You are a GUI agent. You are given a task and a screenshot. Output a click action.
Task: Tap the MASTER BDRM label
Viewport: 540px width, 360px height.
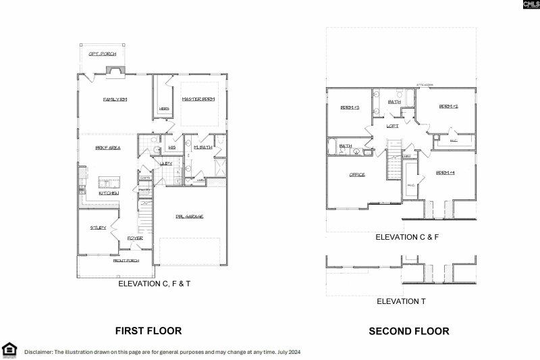coord(198,99)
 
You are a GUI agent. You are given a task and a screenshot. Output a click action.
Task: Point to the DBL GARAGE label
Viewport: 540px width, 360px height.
coord(190,217)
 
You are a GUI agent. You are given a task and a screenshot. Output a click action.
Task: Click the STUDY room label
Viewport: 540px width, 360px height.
coord(98,228)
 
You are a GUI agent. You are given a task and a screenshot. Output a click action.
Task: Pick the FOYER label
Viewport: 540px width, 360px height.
coord(134,238)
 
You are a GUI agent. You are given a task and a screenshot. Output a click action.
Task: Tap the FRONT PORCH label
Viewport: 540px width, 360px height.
coord(125,260)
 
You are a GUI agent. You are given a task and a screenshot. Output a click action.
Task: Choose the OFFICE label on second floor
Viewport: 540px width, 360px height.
coord(357,175)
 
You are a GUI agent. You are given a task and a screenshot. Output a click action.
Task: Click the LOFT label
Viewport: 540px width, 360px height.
coord(392,126)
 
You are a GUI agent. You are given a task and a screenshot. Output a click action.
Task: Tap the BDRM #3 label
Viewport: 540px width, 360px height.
coord(349,107)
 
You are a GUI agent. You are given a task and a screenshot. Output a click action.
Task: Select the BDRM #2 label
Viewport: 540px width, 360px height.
coord(449,107)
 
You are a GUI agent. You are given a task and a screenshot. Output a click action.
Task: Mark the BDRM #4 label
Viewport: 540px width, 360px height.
coord(446,172)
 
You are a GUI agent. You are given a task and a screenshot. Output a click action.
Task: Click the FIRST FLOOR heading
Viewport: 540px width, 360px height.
coord(148,331)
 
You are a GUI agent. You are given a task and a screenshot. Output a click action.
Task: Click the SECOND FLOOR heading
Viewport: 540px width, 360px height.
coord(408,331)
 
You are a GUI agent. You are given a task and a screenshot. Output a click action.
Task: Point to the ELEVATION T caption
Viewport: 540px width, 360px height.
coord(401,301)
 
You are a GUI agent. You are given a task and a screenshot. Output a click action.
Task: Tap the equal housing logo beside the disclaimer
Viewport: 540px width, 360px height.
coord(9,349)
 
